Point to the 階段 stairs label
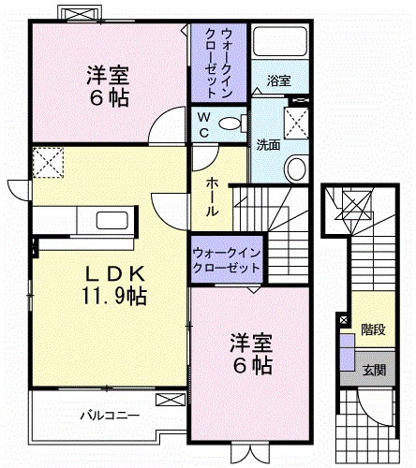click(x=373, y=329)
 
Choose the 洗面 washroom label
click(x=266, y=146)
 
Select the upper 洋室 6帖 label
click(x=108, y=83)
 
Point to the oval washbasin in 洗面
click(x=295, y=170)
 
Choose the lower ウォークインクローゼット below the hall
click(x=227, y=259)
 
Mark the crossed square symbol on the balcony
click(x=170, y=401)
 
